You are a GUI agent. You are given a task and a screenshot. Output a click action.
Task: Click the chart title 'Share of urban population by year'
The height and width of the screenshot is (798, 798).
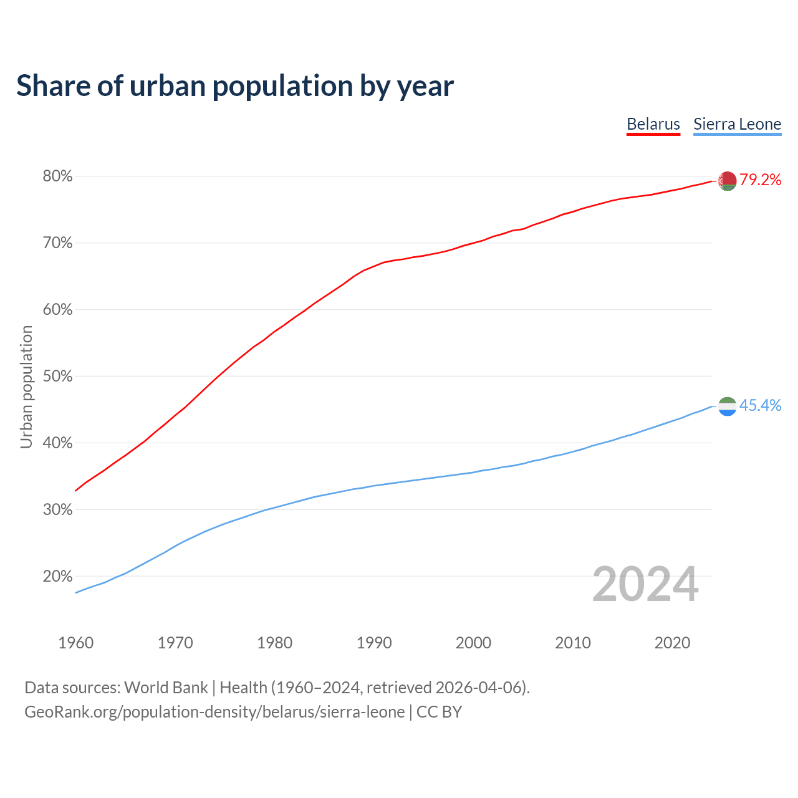[235, 86]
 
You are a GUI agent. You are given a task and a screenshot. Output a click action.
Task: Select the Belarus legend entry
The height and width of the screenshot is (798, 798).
[653, 124]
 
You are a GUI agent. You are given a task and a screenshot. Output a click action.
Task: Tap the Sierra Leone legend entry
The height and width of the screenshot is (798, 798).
[737, 124]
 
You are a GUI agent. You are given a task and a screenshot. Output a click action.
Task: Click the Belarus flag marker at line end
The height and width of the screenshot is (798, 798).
[727, 181]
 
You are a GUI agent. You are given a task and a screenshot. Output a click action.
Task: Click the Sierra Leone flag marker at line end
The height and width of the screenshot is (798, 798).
[727, 406]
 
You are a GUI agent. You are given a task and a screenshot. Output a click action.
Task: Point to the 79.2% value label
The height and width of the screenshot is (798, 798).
[761, 180]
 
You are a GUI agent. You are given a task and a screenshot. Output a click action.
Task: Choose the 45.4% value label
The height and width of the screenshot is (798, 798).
[760, 406]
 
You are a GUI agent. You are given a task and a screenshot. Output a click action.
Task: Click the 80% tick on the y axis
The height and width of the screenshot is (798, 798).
[57, 176]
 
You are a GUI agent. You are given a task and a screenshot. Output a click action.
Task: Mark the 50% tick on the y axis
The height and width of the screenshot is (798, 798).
[57, 377]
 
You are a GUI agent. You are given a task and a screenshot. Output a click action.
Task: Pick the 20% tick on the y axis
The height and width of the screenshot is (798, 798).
[57, 577]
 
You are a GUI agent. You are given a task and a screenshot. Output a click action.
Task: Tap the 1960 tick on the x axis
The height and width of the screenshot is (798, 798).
[75, 643]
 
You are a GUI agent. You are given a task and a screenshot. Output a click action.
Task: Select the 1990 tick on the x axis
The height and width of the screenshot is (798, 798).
[374, 643]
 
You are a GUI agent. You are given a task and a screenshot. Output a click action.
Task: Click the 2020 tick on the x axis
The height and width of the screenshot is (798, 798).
[672, 643]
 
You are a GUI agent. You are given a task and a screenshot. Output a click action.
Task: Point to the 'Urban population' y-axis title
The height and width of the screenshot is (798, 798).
[26, 387]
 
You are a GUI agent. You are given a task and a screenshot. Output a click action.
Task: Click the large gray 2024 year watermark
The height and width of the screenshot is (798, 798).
[645, 585]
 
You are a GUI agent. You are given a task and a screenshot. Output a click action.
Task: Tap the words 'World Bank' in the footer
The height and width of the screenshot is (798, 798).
[166, 688]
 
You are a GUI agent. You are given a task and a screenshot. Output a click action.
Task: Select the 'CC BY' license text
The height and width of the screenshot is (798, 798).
[439, 712]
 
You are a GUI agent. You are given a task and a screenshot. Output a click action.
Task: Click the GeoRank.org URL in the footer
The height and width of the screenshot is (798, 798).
[214, 712]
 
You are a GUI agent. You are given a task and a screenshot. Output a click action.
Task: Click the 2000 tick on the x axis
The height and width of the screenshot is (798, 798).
[473, 643]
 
